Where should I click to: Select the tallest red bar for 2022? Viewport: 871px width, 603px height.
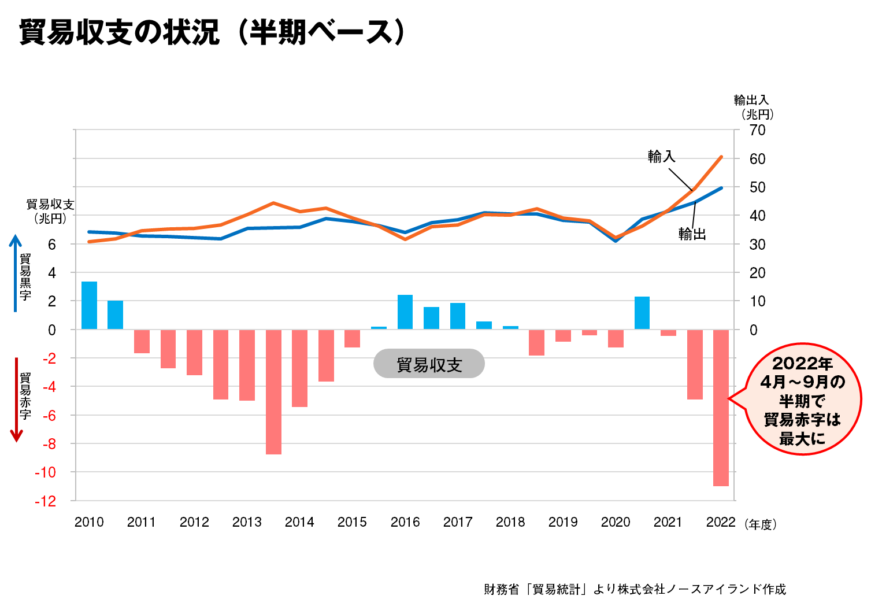(x=721, y=408)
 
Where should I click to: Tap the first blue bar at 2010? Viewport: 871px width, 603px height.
(x=89, y=305)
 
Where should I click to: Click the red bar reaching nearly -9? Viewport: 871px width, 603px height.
(x=273, y=392)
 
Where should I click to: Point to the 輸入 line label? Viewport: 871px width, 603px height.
(x=661, y=157)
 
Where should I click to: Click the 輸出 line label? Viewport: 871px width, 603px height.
(x=692, y=234)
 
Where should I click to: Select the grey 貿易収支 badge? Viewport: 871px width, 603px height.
(x=429, y=364)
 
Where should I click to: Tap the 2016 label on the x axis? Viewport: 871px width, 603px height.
(x=405, y=522)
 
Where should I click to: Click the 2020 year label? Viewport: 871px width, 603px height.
(x=615, y=522)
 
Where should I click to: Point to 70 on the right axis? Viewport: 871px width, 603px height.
(x=757, y=130)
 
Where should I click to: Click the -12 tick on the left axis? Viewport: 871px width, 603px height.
(x=46, y=501)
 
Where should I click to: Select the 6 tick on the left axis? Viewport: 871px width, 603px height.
(x=52, y=244)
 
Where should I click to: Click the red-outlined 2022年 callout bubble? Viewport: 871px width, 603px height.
(x=802, y=399)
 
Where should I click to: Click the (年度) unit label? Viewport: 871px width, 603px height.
(x=761, y=524)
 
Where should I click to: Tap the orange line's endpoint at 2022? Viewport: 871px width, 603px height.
(x=721, y=157)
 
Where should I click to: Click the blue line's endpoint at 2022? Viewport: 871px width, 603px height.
(x=721, y=188)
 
